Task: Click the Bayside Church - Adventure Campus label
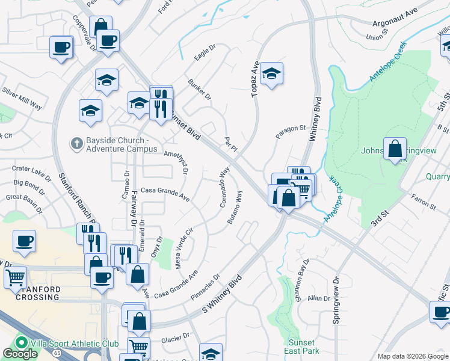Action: (121, 144)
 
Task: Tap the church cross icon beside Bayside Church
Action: (76, 143)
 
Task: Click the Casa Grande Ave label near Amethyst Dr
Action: (165, 194)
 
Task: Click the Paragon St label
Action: (291, 132)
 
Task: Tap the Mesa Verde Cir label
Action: (183, 248)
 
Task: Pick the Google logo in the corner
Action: (20, 354)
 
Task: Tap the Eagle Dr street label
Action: (205, 54)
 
